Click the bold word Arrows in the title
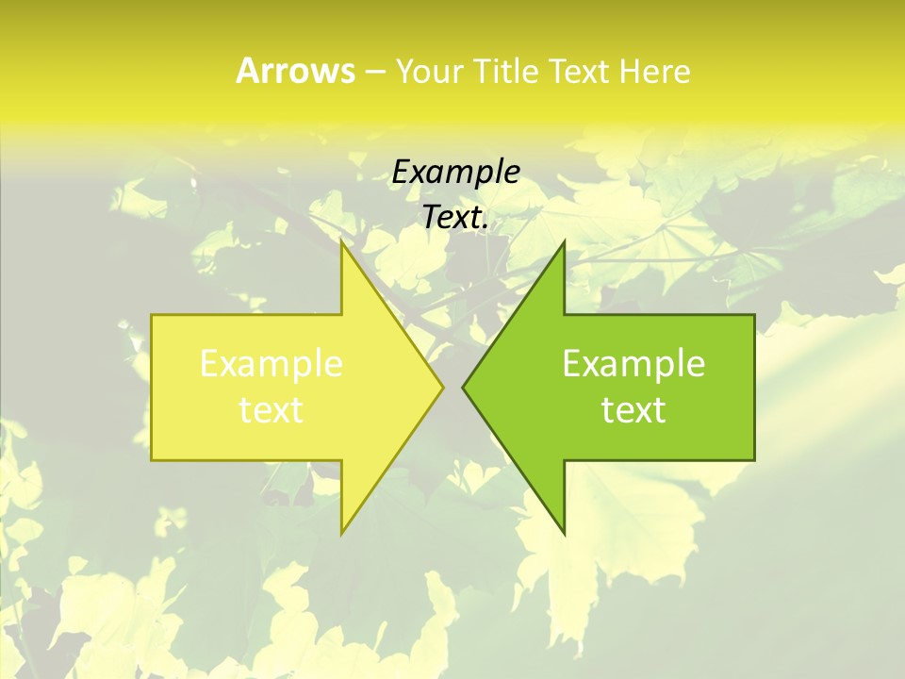[x=295, y=71]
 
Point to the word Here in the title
[x=655, y=71]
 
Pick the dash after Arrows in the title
[x=374, y=72]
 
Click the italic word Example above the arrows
[x=455, y=173]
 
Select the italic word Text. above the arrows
[x=455, y=218]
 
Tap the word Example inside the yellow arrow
[x=271, y=364]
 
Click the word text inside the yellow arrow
[x=271, y=410]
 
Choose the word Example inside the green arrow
[x=633, y=364]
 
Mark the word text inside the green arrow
[x=633, y=410]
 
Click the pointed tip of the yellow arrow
[x=443, y=387]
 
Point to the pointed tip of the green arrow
[x=463, y=387]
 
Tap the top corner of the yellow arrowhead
[x=342, y=241]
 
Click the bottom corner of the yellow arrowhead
[x=342, y=534]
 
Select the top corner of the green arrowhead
[x=564, y=241]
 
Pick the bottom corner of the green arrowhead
[x=564, y=534]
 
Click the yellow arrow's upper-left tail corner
[x=152, y=315]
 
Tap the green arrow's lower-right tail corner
[x=754, y=460]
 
